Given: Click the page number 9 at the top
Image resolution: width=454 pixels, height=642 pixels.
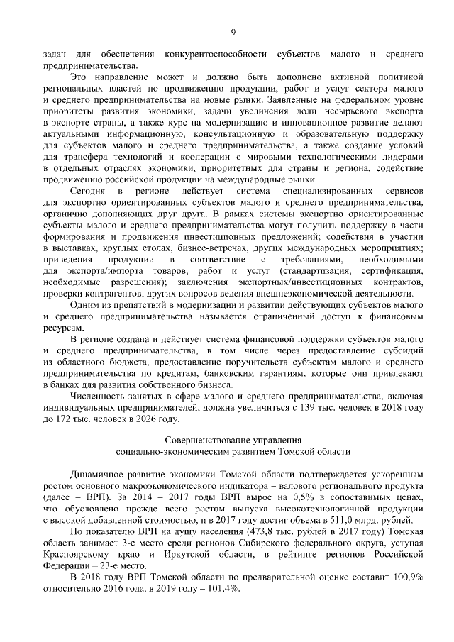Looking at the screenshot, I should (233, 31).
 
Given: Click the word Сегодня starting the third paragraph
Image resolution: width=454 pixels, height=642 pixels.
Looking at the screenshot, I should (87, 192).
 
